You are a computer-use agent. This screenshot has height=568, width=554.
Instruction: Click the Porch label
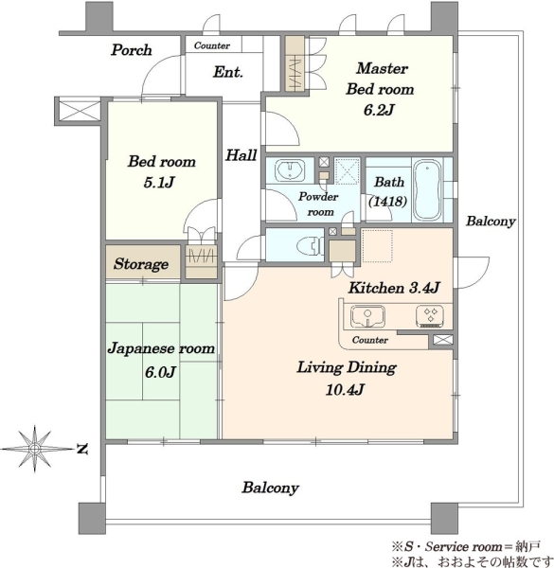(x=132, y=50)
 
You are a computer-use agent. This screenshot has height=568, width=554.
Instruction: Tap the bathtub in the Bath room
(x=427, y=190)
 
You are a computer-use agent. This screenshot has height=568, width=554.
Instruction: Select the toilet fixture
(x=311, y=245)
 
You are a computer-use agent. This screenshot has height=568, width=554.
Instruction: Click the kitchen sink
(x=367, y=316)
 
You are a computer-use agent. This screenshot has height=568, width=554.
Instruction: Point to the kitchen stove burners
(x=430, y=315)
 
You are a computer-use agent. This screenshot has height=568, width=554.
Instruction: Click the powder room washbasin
(x=290, y=169)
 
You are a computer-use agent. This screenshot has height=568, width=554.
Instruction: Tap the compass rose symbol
(x=35, y=449)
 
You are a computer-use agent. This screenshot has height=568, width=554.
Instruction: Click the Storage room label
(x=141, y=264)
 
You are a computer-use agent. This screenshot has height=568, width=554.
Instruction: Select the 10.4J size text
(x=345, y=390)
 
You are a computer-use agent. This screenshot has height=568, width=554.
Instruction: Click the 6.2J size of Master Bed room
(x=379, y=110)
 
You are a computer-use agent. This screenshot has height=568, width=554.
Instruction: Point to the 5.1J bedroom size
(x=159, y=182)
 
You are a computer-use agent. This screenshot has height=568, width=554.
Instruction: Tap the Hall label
(x=241, y=155)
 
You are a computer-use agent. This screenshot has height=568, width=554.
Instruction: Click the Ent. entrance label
(x=228, y=72)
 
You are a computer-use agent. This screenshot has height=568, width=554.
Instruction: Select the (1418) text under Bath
(x=387, y=201)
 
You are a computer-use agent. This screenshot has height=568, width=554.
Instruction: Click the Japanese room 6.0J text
(x=161, y=360)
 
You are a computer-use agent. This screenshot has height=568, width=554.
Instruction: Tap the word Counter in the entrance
(x=212, y=45)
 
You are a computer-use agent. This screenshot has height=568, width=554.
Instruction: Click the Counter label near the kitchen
(x=370, y=340)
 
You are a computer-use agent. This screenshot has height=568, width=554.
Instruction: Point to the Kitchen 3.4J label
(x=394, y=288)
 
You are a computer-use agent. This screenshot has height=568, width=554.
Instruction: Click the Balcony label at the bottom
(x=270, y=488)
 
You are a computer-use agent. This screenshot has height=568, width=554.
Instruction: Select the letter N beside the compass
(x=82, y=449)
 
